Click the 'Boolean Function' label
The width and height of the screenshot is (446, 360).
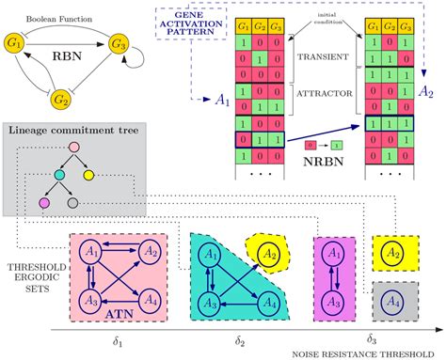(67, 11)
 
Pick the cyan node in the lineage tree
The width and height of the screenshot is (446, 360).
(58, 175)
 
